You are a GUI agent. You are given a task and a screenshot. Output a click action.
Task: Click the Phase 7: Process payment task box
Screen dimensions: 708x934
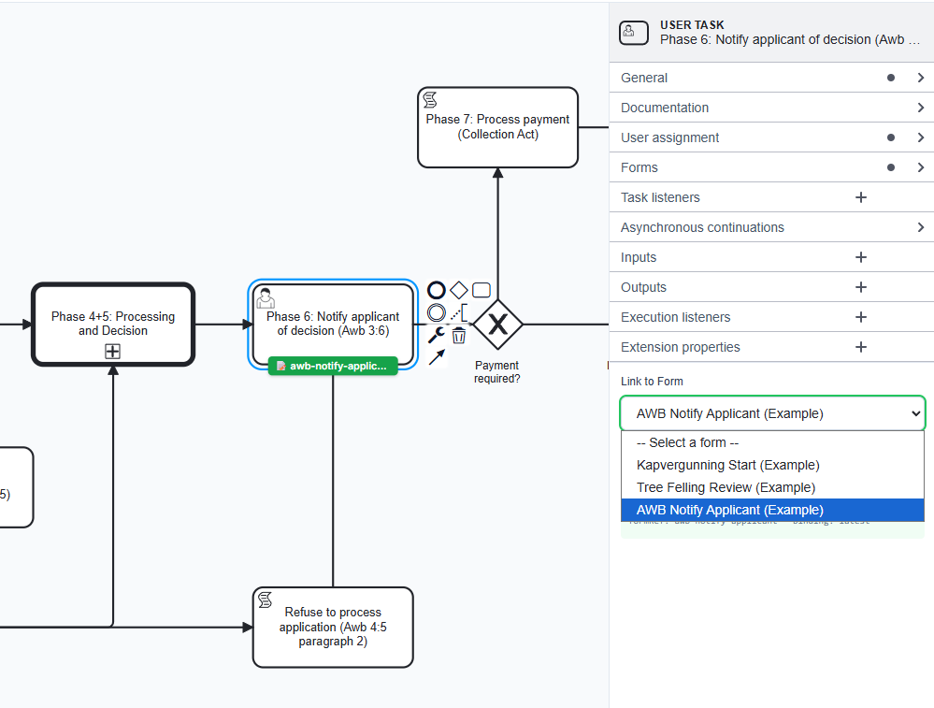click(x=497, y=127)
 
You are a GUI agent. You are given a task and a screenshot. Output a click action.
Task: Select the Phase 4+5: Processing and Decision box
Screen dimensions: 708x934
click(x=112, y=323)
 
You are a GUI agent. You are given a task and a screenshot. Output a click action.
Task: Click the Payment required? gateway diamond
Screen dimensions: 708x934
click(x=497, y=325)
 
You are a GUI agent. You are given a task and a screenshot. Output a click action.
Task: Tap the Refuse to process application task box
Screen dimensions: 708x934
click(x=333, y=627)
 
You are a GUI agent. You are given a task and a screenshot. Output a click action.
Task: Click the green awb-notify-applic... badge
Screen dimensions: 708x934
click(x=333, y=366)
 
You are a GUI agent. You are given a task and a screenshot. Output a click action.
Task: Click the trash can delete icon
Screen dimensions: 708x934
click(x=459, y=336)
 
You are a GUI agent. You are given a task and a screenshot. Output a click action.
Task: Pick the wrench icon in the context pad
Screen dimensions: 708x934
click(x=436, y=335)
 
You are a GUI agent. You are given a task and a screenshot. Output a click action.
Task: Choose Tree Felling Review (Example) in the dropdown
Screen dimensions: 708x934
click(x=726, y=487)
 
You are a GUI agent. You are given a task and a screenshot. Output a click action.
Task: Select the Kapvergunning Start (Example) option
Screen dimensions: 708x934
click(x=727, y=465)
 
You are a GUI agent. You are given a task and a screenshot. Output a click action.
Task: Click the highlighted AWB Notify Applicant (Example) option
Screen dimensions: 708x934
click(x=729, y=510)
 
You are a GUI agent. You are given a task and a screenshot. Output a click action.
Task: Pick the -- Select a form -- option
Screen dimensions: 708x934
click(x=688, y=442)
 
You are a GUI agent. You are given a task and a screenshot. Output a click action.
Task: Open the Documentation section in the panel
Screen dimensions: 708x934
click(x=665, y=108)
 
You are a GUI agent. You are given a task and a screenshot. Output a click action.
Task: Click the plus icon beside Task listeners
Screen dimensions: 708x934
click(x=861, y=197)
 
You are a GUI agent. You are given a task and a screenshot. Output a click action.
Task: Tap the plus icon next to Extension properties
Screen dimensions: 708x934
click(x=861, y=347)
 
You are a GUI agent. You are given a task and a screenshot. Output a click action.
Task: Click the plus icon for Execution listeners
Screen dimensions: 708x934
click(x=861, y=317)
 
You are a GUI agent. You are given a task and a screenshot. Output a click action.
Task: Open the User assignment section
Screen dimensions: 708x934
click(x=669, y=137)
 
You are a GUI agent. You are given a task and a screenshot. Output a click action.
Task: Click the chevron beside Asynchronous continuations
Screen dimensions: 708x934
click(x=921, y=227)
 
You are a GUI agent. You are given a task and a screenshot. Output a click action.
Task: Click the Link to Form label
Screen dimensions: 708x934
click(x=652, y=382)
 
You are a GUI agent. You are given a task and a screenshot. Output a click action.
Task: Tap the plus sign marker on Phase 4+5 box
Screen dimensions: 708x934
click(x=112, y=352)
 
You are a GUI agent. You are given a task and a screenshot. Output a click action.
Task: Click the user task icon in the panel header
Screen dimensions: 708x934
click(x=629, y=33)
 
